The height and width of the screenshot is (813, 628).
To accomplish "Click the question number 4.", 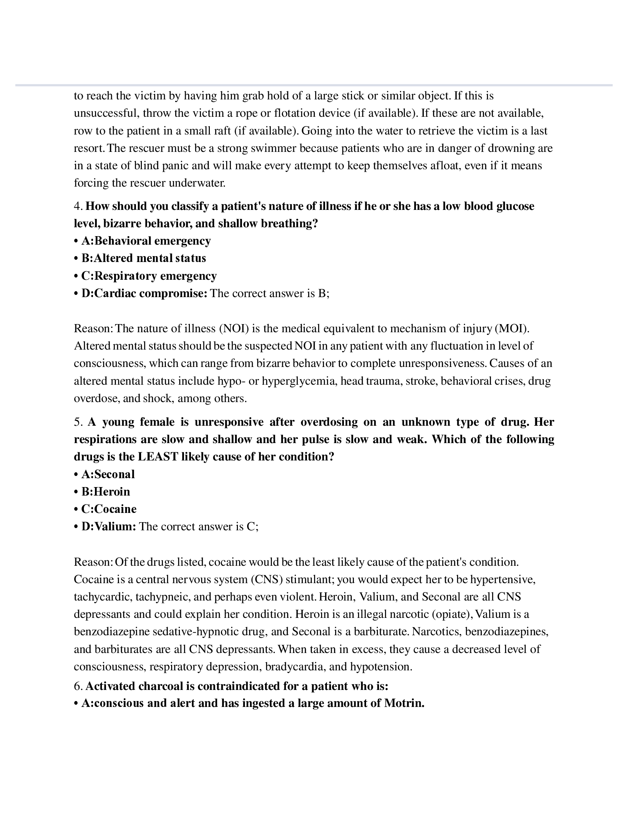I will [77, 206].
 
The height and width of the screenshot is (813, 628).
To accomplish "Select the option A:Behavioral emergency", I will [146, 241].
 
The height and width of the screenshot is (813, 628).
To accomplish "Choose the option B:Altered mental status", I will [144, 258].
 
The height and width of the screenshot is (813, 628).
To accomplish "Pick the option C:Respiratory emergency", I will [149, 276].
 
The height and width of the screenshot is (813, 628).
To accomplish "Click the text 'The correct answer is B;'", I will [270, 293].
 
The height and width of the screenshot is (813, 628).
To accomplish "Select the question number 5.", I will [77, 422].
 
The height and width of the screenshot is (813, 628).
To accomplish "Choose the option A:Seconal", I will [108, 474].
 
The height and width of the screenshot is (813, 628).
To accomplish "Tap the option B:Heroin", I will [106, 491].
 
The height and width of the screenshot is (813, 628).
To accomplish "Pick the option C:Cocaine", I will [109, 509].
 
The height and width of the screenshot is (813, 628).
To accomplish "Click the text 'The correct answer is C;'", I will [199, 526].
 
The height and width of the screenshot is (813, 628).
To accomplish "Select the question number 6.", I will [77, 686].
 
